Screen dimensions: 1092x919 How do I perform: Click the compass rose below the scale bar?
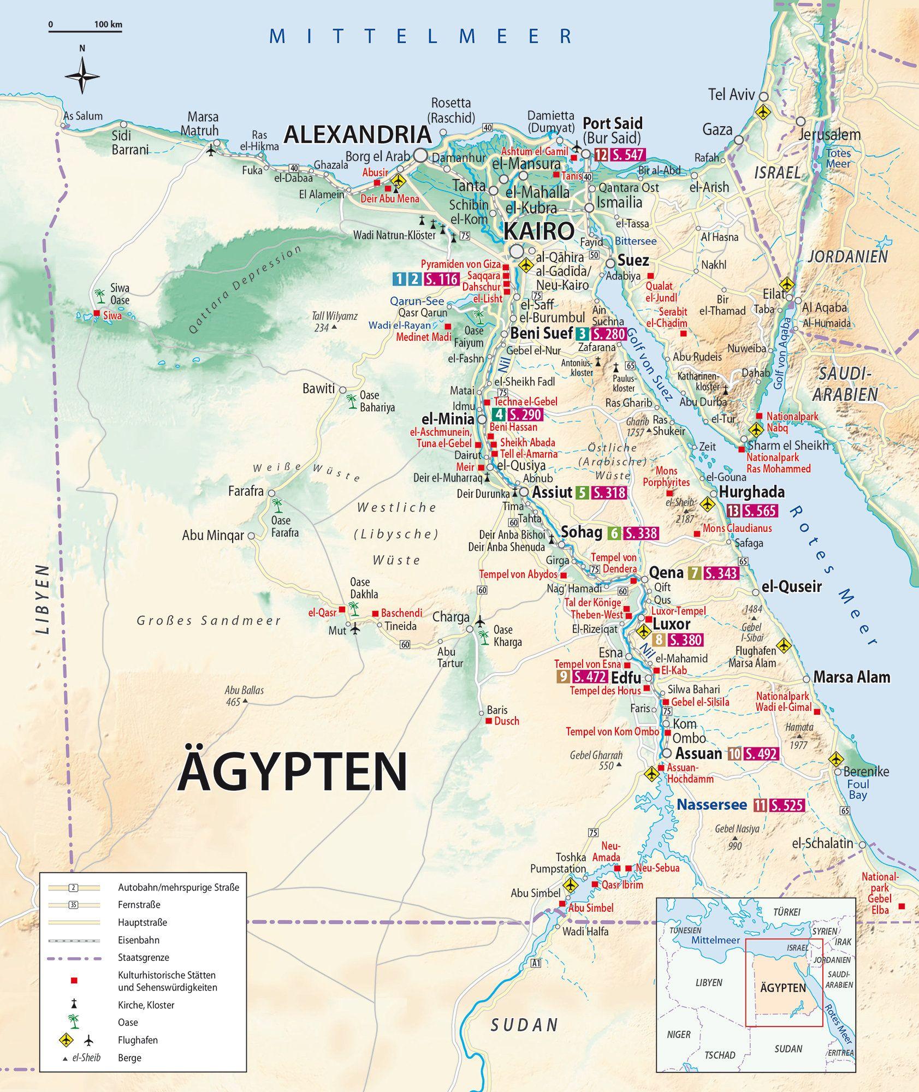(x=82, y=75)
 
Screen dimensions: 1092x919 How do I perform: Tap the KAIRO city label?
(x=538, y=232)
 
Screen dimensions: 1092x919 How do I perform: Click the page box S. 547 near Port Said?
(x=627, y=155)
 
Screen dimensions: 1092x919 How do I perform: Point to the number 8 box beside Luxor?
(x=659, y=640)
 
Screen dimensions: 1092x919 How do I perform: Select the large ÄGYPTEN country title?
(x=292, y=772)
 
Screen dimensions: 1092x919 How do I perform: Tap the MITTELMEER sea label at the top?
(x=420, y=36)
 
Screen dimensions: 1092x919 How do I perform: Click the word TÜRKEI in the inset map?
(x=786, y=912)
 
